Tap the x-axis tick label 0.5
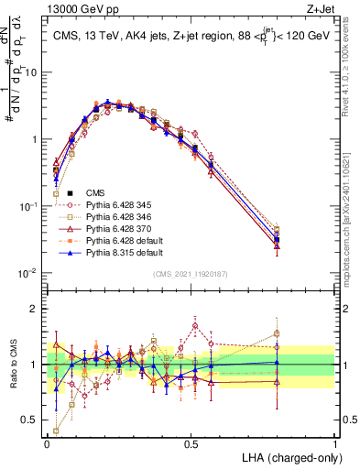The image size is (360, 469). [191, 444]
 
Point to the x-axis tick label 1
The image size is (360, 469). [335, 444]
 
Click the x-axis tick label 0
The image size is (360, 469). [47, 444]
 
